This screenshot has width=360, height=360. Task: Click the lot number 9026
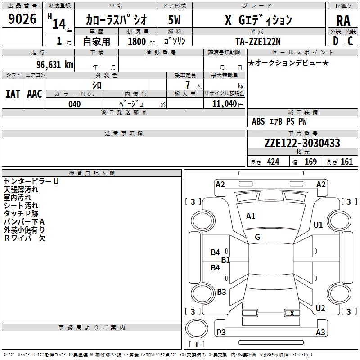22,19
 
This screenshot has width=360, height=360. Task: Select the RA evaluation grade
343,21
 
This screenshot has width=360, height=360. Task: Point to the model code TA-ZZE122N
258,41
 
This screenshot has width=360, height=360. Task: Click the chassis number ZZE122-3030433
302,143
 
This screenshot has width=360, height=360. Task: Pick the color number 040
75,104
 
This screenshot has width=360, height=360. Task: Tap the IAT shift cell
13,94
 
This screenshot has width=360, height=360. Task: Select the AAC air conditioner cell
35,94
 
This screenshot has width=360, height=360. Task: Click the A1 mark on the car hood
251,216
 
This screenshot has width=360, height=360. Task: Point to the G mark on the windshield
257,237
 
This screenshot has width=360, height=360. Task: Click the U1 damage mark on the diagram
319,225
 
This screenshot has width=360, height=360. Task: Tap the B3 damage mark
221,292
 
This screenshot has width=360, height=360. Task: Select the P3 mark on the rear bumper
221,332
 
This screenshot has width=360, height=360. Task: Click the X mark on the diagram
292,314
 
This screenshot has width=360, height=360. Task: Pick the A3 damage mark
320,333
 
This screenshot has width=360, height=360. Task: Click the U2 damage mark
320,308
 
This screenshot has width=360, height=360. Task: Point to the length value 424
273,162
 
